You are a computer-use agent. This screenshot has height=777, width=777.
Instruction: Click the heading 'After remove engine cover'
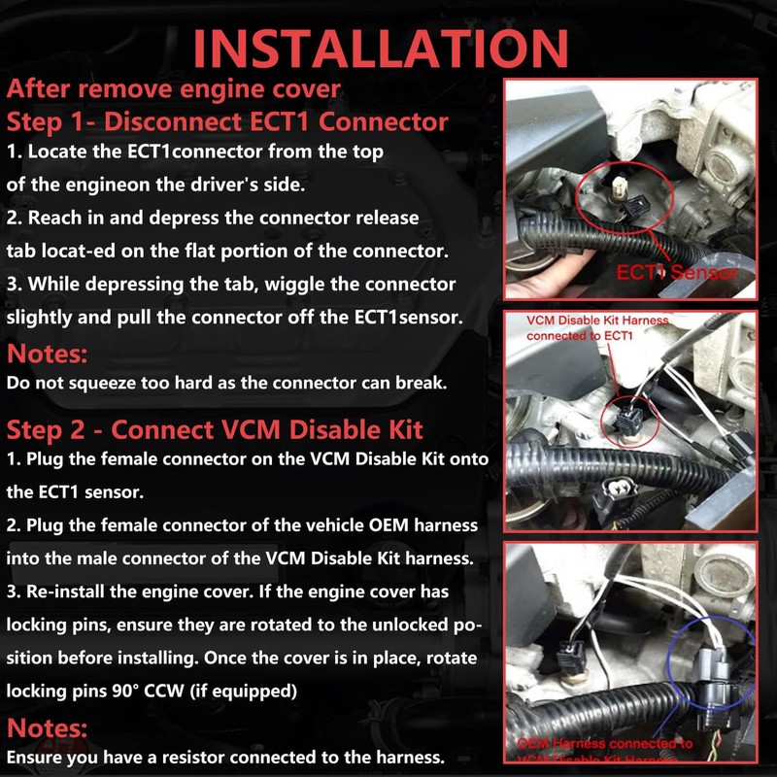tap(173, 88)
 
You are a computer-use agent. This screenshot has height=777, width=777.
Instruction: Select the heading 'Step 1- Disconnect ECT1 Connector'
tap(227, 122)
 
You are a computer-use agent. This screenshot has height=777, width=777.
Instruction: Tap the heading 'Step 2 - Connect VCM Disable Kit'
tap(215, 428)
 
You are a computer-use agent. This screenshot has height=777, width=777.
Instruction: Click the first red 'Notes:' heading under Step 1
tap(48, 353)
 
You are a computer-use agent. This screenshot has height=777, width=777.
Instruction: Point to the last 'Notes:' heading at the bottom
tap(48, 726)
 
